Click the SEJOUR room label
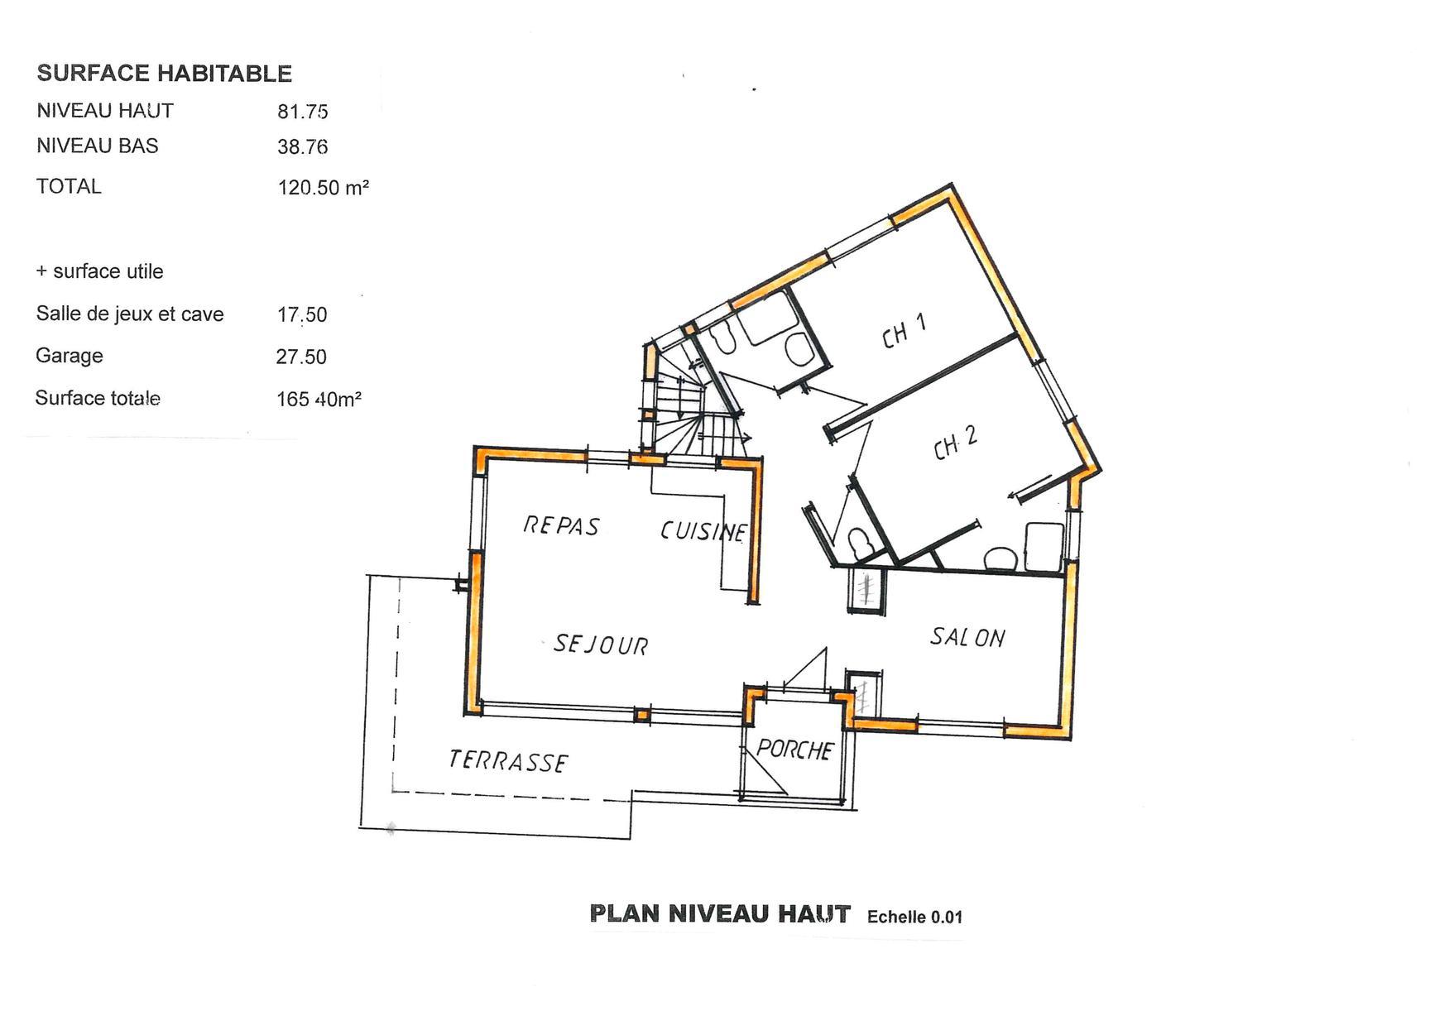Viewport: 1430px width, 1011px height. tap(602, 644)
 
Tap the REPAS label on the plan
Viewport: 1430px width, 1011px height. tap(561, 525)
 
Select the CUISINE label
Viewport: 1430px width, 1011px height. tap(703, 530)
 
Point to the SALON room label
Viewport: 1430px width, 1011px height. tap(967, 636)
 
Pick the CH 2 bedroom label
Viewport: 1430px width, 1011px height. tap(956, 443)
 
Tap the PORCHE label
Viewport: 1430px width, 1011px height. tap(794, 750)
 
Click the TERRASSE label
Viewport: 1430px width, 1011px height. tap(508, 761)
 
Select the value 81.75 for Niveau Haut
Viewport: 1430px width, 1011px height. tap(303, 112)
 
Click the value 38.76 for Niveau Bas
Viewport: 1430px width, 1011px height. tap(303, 147)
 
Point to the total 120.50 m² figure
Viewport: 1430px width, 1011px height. tap(323, 188)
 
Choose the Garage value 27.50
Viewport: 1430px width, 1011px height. tap(301, 357)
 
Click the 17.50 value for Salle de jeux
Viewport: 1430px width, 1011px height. tap(302, 314)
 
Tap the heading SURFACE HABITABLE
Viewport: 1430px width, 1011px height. tap(165, 74)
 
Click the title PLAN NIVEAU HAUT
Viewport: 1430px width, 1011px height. tap(720, 914)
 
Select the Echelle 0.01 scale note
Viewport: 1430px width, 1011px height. tap(915, 917)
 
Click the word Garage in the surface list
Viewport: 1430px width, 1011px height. tap(70, 356)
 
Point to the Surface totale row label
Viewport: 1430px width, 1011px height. tap(98, 398)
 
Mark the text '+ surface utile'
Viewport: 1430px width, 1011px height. tap(99, 271)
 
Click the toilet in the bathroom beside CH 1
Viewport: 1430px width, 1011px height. tap(723, 339)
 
